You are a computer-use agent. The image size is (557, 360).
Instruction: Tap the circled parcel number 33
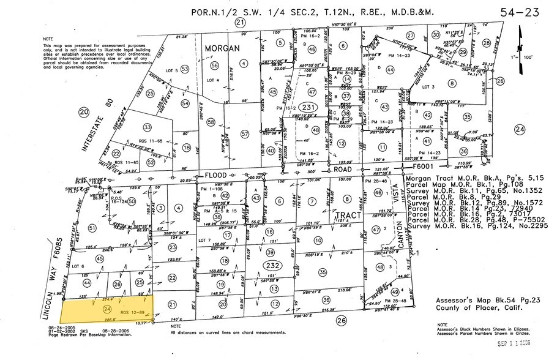click(147, 127)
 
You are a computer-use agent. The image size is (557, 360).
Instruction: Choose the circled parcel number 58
click(212, 123)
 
